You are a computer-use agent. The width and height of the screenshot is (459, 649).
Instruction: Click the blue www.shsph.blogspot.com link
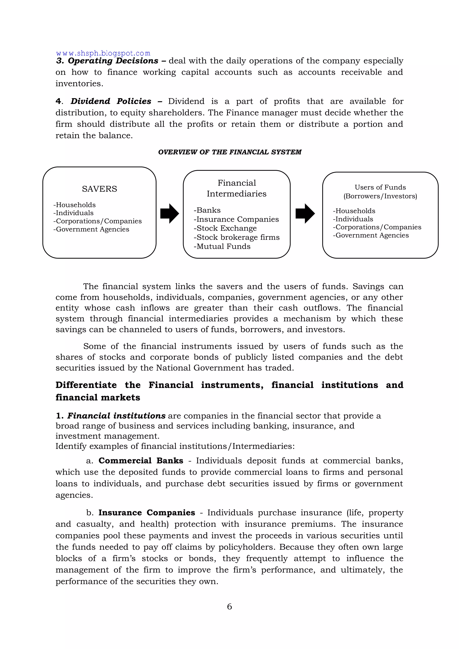[103, 53]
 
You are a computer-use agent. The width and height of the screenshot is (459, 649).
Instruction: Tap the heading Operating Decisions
[113, 61]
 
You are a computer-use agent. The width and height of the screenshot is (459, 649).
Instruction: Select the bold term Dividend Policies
[111, 101]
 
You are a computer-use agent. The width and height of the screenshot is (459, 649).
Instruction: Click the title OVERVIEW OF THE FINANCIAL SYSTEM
[229, 152]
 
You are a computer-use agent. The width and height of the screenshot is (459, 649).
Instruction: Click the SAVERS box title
[99, 189]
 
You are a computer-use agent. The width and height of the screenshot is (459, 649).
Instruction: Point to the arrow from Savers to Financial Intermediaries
[170, 213]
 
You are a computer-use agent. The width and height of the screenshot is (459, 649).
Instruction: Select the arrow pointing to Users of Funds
[305, 213]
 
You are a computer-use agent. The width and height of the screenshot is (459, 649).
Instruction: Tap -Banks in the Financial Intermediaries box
[207, 210]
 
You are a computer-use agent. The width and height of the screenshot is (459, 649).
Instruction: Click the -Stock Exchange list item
[225, 228]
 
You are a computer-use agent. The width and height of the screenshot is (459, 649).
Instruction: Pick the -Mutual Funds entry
[222, 246]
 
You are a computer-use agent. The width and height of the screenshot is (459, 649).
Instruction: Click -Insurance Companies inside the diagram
[236, 219]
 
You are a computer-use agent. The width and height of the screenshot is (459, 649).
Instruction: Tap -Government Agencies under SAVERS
[91, 229]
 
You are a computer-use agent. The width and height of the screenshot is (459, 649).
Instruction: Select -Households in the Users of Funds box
[354, 211]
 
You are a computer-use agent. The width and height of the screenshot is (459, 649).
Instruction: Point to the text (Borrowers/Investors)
[380, 196]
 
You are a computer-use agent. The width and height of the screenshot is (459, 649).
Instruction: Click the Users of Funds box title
[380, 187]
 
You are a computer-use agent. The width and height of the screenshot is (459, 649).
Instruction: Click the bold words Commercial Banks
[141, 461]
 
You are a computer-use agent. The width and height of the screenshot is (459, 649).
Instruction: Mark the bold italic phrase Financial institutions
[116, 416]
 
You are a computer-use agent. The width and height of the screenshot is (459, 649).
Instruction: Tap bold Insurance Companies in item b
[147, 513]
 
